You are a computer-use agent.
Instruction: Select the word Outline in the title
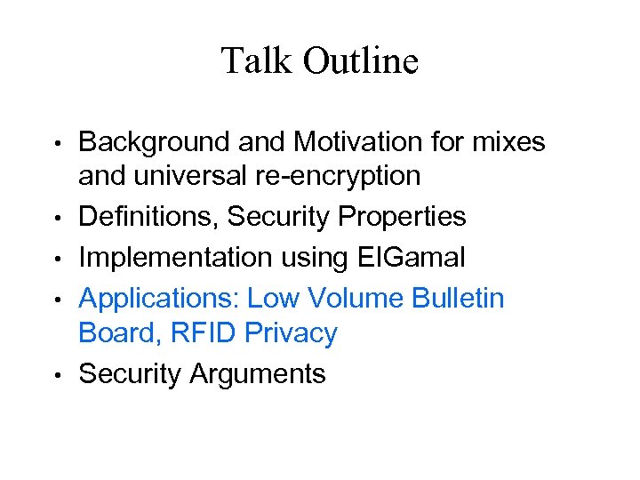click(360, 61)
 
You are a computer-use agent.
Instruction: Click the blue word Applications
click(159, 298)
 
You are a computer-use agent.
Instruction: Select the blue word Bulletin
click(459, 298)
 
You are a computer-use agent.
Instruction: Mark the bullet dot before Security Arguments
click(57, 374)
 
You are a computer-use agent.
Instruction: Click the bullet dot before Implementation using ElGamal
click(57, 257)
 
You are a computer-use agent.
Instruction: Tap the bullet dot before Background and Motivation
click(57, 142)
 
